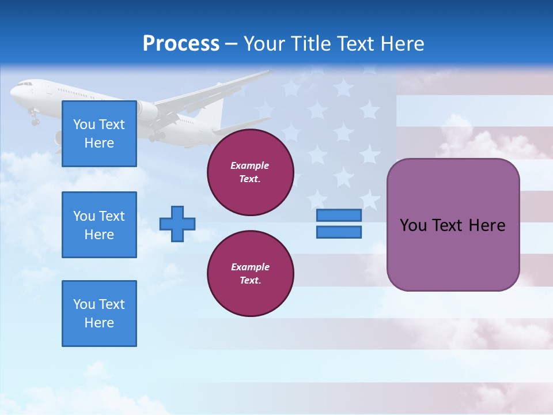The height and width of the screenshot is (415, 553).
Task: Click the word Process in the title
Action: click(181, 44)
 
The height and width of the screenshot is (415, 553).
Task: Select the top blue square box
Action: click(99, 134)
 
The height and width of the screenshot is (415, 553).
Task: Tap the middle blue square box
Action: click(99, 225)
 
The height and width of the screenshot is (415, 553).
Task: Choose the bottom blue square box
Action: click(99, 314)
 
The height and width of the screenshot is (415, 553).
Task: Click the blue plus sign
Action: click(177, 223)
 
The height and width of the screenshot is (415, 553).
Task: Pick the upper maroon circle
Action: click(251, 172)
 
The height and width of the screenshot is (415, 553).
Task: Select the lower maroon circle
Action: click(251, 274)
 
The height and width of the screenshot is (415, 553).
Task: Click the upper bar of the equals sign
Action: click(339, 216)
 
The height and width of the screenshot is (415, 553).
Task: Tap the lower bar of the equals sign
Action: click(339, 232)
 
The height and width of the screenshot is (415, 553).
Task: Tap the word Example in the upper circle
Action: click(250, 165)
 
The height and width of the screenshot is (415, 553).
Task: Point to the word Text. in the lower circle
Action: click(250, 281)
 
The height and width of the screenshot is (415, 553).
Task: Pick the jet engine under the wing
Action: click(147, 111)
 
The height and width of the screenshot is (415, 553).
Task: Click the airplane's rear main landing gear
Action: click(156, 137)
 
